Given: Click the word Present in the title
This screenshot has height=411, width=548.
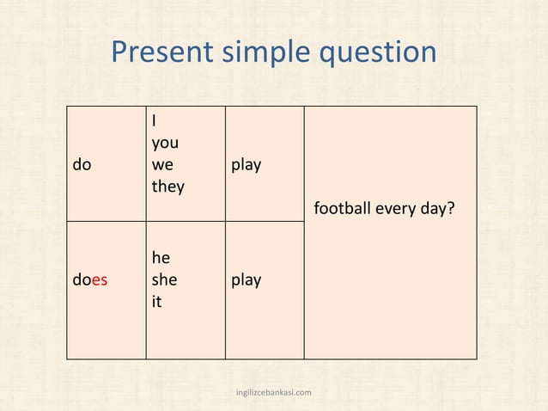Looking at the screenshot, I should pos(164,53).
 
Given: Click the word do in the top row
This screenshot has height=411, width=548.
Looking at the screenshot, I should pos(82,164).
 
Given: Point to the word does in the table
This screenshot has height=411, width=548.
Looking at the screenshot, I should pos(90,279).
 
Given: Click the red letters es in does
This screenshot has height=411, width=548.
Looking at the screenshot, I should pos(100,280).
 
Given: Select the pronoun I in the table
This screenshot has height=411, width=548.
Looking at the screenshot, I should pos(154,120).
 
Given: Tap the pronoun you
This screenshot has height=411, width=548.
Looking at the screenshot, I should pos(165,144).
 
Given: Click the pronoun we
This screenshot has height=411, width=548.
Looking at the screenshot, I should pos(162,164).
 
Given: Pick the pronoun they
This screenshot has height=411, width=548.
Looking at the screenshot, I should pos(167,186).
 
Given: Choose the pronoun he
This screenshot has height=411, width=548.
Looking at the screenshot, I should pos(161,257).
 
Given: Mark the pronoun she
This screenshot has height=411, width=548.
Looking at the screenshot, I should pos(164,279).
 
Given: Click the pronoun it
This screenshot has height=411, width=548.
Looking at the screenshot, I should pos(156,302).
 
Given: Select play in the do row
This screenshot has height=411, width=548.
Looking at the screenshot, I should pos(247,164).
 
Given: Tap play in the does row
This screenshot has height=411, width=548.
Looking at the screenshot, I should pos(247,279).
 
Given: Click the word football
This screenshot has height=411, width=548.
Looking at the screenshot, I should pos(342,208).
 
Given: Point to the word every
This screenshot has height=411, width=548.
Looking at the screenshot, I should pos(396,209).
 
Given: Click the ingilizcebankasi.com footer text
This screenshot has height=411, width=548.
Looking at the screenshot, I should pos(274,392).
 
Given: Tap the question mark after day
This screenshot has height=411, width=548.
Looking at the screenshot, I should pos(451,208).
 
